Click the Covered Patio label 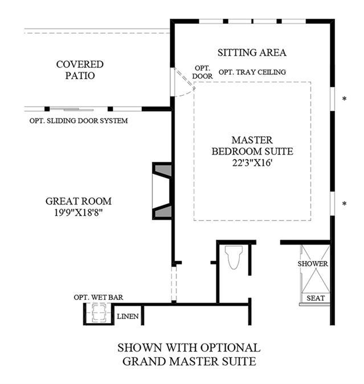coord(80,70)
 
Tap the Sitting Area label coord(252,52)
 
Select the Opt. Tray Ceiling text coord(252,72)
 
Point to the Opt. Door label coord(202,72)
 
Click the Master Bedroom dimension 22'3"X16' coord(252,162)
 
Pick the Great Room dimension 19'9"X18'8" coord(79,213)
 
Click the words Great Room coord(79,201)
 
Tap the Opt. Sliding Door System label coord(79,121)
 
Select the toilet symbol coord(234,257)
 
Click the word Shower coord(313,264)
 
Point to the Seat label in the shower coord(316,299)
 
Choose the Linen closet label coord(128,316)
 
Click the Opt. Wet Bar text coord(99,297)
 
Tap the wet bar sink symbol coord(99,312)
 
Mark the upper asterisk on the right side coord(345,99)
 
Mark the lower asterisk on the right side coord(345,204)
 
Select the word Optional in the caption coord(230,348)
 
